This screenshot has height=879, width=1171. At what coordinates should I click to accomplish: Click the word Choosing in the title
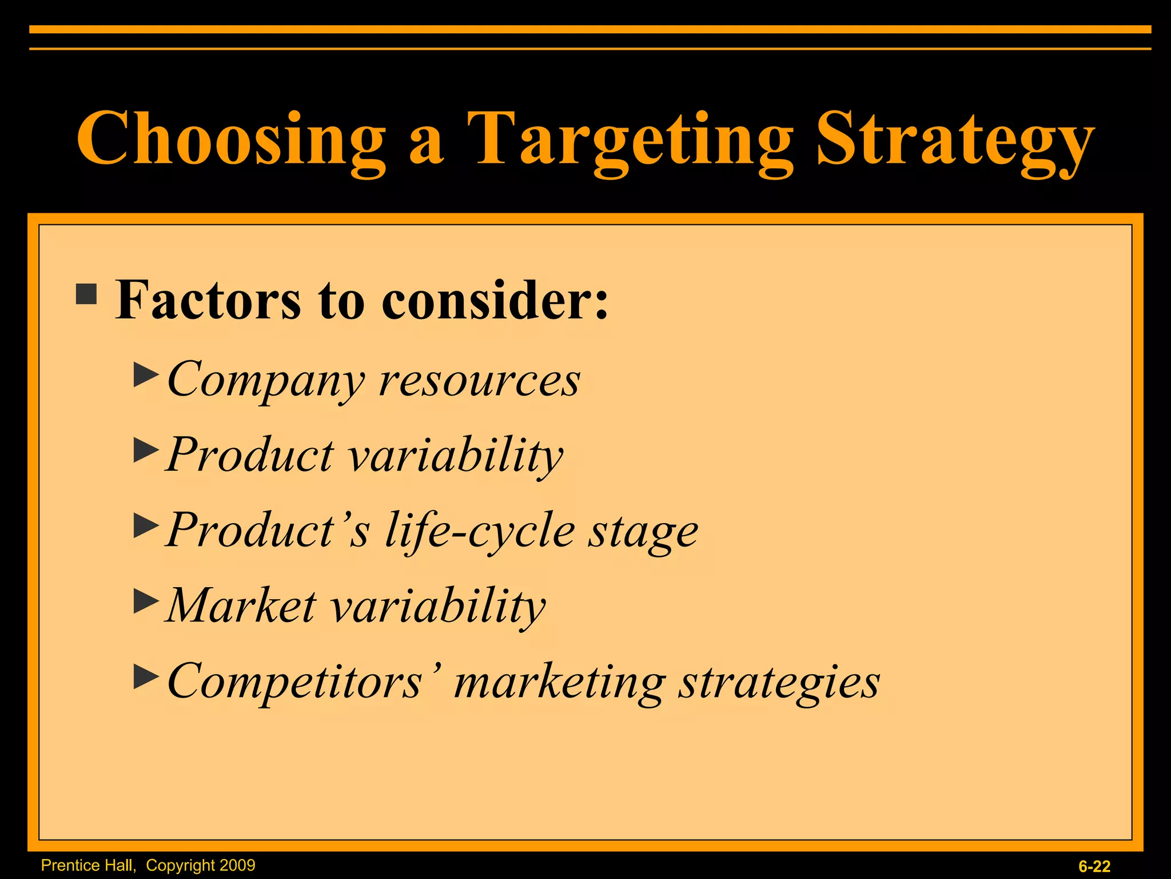click(231, 139)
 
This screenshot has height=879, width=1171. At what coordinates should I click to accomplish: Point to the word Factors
click(208, 300)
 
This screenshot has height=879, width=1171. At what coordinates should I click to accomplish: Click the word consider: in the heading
click(495, 300)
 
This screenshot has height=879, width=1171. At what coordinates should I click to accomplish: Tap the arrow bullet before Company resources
click(146, 375)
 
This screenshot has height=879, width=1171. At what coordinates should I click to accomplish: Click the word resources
click(480, 381)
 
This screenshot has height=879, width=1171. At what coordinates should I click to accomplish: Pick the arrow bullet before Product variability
click(146, 451)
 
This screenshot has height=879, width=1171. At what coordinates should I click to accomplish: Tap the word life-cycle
click(480, 531)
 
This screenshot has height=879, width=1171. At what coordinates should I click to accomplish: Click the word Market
click(241, 605)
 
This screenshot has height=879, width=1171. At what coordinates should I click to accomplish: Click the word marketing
click(559, 682)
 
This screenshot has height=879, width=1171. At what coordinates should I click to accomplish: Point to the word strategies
click(779, 682)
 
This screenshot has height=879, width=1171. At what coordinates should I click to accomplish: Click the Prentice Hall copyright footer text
click(148, 865)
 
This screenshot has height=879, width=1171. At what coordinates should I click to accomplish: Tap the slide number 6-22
click(1094, 866)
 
